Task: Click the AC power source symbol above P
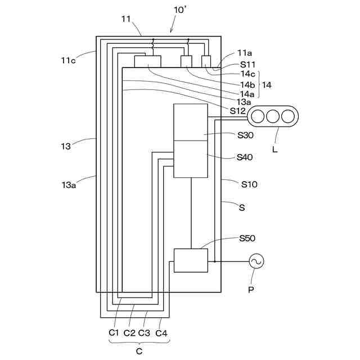click(256, 262)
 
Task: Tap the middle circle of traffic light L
click(273, 116)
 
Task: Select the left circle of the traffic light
click(258, 116)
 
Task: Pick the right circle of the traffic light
click(288, 116)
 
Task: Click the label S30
click(245, 135)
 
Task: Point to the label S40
click(245, 157)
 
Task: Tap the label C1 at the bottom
click(114, 332)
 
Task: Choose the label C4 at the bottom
click(161, 332)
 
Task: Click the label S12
click(238, 111)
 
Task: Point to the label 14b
click(247, 85)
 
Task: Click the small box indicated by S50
click(191, 260)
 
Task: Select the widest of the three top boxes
click(147, 61)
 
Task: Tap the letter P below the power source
click(251, 290)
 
